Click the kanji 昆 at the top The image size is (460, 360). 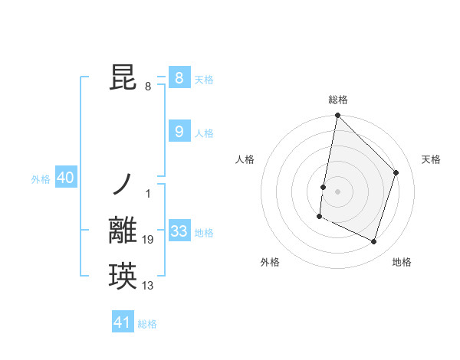tap(124, 79)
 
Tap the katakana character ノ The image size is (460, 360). tap(123, 184)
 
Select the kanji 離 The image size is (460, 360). tap(124, 231)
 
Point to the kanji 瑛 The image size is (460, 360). tap(124, 276)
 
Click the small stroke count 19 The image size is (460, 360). tap(148, 241)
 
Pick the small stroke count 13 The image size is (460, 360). tap(148, 286)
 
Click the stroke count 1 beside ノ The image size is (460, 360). tap(148, 194)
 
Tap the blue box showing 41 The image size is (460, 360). tap(123, 322)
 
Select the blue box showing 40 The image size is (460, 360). tap(65, 178)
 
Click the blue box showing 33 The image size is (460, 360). tap(179, 231)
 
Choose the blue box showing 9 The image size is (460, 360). tap(179, 132)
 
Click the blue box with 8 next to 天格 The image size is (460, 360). tap(179, 78)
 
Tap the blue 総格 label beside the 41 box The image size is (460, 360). tap(147, 324)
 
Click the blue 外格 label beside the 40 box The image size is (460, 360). tap(41, 179)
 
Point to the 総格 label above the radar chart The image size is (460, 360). tap(337, 100)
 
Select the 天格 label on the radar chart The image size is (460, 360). tap(431, 159)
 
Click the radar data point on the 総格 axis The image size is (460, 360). tap(337, 116)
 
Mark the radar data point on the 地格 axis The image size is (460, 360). tap(373, 242)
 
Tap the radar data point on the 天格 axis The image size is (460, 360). tap(396, 172)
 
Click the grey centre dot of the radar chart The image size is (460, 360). tap(337, 191)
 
